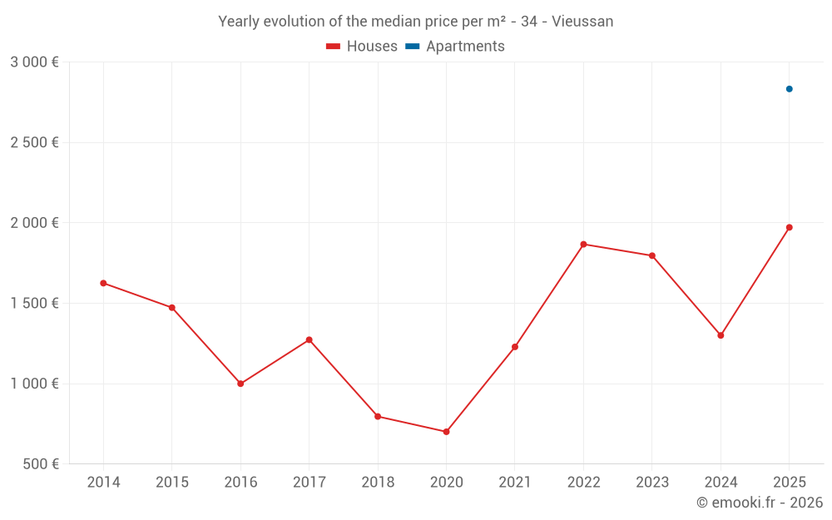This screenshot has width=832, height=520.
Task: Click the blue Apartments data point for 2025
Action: click(789, 89)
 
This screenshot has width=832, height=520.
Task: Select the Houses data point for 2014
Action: click(103, 283)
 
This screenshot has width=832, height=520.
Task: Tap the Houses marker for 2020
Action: click(446, 432)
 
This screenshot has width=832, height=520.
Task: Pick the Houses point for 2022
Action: click(583, 244)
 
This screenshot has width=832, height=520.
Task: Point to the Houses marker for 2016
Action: click(240, 384)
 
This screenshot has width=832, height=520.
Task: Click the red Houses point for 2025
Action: click(789, 227)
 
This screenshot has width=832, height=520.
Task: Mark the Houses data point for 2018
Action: click(378, 416)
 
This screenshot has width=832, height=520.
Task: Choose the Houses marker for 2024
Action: click(721, 335)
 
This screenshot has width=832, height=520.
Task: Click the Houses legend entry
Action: click(362, 47)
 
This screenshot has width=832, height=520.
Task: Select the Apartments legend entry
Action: click(455, 47)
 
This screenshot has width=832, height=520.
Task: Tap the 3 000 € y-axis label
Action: click(34, 62)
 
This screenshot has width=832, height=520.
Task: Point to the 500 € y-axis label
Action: click(40, 464)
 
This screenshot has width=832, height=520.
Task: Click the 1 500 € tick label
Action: click(34, 303)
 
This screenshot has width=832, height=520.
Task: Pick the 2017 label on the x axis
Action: click(309, 483)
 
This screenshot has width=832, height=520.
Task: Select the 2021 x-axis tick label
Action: click(515, 483)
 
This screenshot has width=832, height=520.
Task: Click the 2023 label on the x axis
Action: click(651, 483)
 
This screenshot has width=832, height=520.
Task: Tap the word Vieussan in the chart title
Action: click(582, 22)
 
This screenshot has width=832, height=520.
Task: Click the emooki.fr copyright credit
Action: click(759, 503)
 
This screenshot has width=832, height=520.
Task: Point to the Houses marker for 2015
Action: click(172, 308)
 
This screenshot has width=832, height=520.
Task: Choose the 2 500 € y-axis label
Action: click(34, 142)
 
